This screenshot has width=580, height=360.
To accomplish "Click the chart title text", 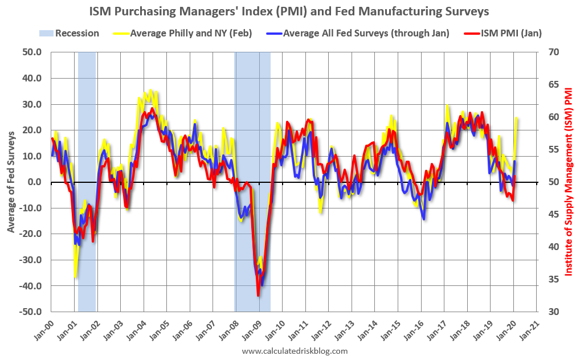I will pyautogui.click(x=289, y=10).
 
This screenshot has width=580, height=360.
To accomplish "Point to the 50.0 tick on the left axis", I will pyautogui.click(x=31, y=52).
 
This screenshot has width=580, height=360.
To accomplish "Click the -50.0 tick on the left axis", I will pyautogui.click(x=30, y=312).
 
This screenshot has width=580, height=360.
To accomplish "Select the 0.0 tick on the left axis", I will pyautogui.click(x=34, y=182).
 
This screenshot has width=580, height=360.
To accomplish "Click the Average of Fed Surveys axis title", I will pyautogui.click(x=12, y=181).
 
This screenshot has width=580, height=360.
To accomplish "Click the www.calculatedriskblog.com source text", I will pyautogui.click(x=295, y=351).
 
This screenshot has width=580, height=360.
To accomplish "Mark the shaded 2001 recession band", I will pyautogui.click(x=87, y=182).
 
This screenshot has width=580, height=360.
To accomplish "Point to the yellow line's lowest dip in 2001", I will pyautogui.click(x=75, y=277).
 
